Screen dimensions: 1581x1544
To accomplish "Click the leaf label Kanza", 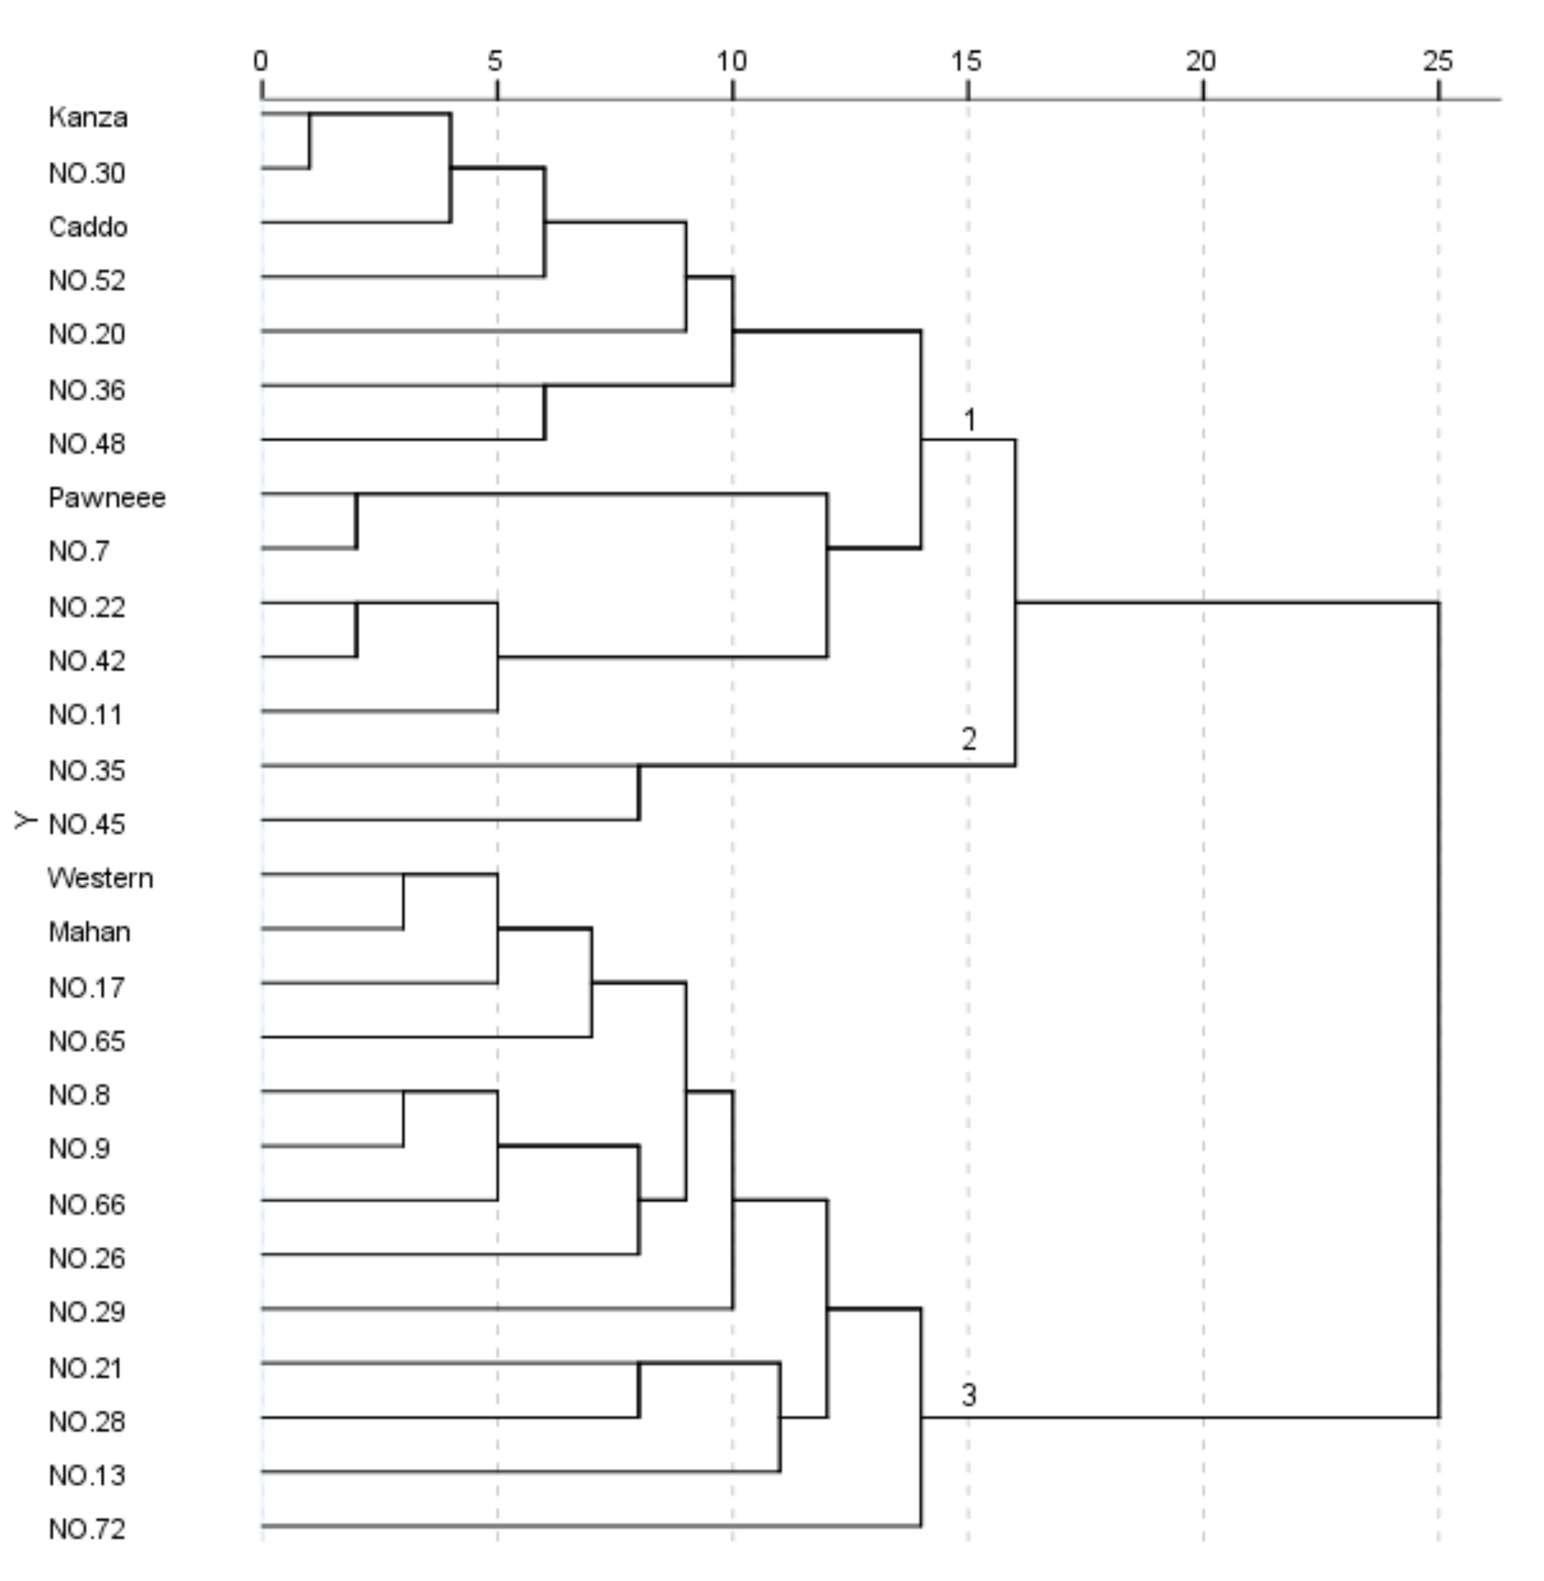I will (87, 118).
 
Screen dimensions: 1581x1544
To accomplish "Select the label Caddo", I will (87, 227).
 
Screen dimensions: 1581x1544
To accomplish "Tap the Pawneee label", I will (106, 497).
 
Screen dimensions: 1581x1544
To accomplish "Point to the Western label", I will (100, 878).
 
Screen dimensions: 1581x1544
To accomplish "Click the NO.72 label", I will (87, 1529).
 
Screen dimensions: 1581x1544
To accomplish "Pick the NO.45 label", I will (87, 824).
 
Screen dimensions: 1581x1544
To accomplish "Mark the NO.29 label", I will (87, 1312).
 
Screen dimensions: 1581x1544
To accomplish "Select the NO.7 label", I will (79, 552).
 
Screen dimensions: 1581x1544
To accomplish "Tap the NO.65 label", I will (87, 1041).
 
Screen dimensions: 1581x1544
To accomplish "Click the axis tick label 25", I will (1438, 61).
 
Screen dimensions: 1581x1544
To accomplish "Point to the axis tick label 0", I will (261, 61).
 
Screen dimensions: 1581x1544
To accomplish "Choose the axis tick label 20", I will (1202, 61).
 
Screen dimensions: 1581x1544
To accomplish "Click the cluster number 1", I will (969, 420).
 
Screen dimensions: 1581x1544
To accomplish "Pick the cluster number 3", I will (969, 1395).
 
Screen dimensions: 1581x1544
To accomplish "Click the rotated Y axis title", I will (26, 821).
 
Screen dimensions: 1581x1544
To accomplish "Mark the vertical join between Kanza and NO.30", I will (309, 141).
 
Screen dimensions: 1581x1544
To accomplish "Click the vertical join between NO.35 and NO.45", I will (639, 792).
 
